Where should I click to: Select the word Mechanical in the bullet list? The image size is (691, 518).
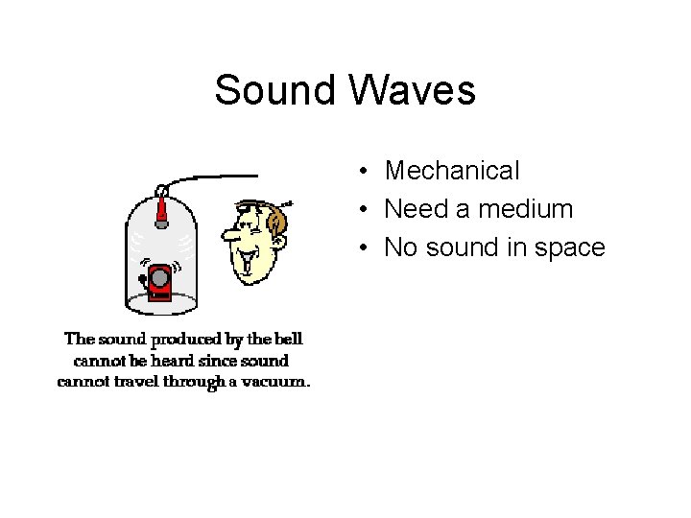click(452, 171)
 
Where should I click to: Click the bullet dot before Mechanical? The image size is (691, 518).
click(366, 172)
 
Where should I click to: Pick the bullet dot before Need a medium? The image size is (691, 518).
click(366, 210)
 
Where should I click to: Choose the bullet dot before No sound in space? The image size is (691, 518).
click(366, 248)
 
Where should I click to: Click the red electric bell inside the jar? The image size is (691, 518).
click(159, 280)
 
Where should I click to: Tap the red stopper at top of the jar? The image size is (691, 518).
click(162, 208)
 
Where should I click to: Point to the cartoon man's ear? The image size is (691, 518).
click(276, 224)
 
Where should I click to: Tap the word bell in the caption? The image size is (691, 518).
click(287, 339)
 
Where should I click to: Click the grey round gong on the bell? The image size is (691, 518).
click(159, 278)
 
